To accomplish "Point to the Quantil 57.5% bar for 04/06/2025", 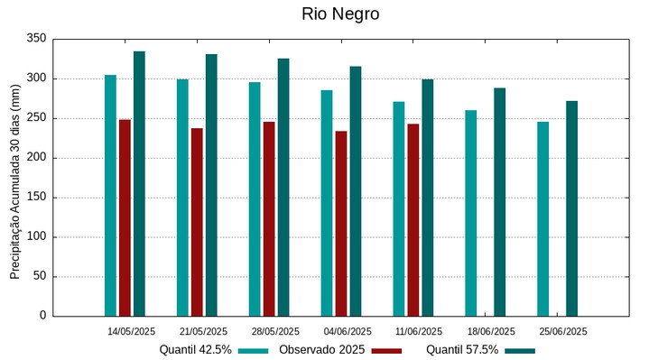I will [x=356, y=190].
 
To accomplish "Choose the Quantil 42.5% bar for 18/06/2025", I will [x=470, y=213].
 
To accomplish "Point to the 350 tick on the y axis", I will [x=37, y=39].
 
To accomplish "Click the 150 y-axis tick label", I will [x=37, y=197].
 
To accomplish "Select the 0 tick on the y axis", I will [x=42, y=316].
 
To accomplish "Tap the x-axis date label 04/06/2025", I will [x=348, y=331].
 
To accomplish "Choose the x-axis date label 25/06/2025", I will [x=563, y=331].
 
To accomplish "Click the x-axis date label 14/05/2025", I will [x=132, y=331].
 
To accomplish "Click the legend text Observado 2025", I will [x=321, y=350].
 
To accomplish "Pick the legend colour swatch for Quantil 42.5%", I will [x=254, y=350].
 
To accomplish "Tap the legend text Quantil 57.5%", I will [x=462, y=350].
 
